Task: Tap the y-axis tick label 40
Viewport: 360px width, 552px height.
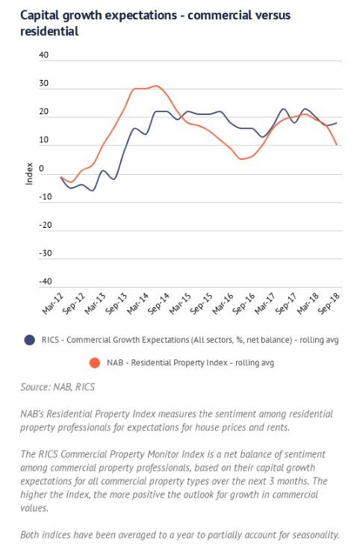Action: (43, 55)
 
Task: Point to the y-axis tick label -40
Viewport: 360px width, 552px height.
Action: (46, 282)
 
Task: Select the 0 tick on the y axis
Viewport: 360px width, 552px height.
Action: (42, 168)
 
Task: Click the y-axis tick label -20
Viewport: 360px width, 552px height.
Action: (46, 225)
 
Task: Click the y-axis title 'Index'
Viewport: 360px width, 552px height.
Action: (29, 173)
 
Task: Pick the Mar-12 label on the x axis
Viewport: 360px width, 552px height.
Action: (53, 303)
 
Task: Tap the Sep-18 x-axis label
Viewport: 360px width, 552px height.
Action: (329, 303)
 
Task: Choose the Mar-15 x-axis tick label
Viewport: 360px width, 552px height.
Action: (180, 303)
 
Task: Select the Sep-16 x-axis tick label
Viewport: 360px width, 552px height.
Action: (243, 303)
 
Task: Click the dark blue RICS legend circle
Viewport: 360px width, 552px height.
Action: (30, 340)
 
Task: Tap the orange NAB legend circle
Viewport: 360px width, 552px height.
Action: (95, 362)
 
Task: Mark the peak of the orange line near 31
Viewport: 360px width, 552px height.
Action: (157, 86)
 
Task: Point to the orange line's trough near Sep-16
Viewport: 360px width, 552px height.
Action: (241, 159)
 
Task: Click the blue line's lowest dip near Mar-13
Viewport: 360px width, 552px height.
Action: (93, 190)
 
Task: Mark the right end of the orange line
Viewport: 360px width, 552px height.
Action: (337, 145)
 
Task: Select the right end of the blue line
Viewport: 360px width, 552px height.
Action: (337, 123)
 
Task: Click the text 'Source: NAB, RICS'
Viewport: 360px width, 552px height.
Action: (58, 387)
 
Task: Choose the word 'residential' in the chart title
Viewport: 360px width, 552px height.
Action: (49, 31)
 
